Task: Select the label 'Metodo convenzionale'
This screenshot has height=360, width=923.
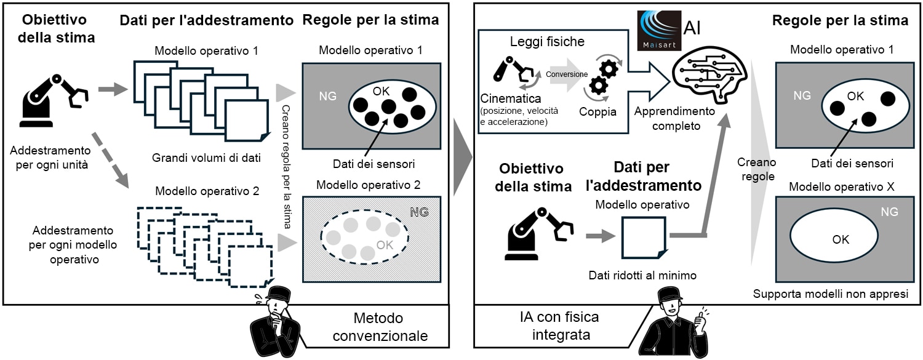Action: (378, 327)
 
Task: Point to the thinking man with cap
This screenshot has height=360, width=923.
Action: (278, 323)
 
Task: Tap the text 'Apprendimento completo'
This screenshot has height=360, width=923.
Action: (674, 119)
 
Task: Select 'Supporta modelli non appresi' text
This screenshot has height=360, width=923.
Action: (831, 294)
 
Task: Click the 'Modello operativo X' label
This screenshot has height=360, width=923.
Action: (841, 186)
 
